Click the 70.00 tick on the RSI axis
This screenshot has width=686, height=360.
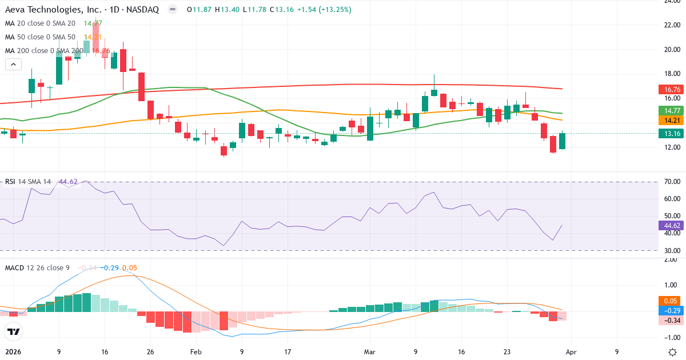click(672, 182)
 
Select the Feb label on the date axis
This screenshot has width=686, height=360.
click(196, 352)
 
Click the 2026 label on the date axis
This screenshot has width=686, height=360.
click(13, 352)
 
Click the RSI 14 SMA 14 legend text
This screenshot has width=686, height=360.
click(27, 182)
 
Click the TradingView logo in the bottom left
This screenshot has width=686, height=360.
click(13, 331)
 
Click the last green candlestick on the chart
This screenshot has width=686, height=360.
click(562, 141)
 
